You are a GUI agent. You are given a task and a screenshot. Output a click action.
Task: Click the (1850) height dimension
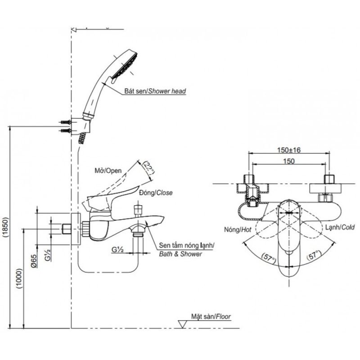pyautogui.click(x=5, y=227)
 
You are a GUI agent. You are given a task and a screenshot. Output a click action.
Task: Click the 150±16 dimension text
pyautogui.click(x=289, y=150)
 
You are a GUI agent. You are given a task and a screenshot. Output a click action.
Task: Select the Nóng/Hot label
pyautogui.click(x=234, y=229)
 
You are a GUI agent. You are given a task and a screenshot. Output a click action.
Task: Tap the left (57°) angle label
pyautogui.click(x=269, y=257)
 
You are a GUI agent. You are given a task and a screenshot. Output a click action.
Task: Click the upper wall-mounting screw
pyautogui.click(x=65, y=121)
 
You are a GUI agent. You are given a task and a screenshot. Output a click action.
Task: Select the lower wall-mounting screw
pyautogui.click(x=65, y=131)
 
